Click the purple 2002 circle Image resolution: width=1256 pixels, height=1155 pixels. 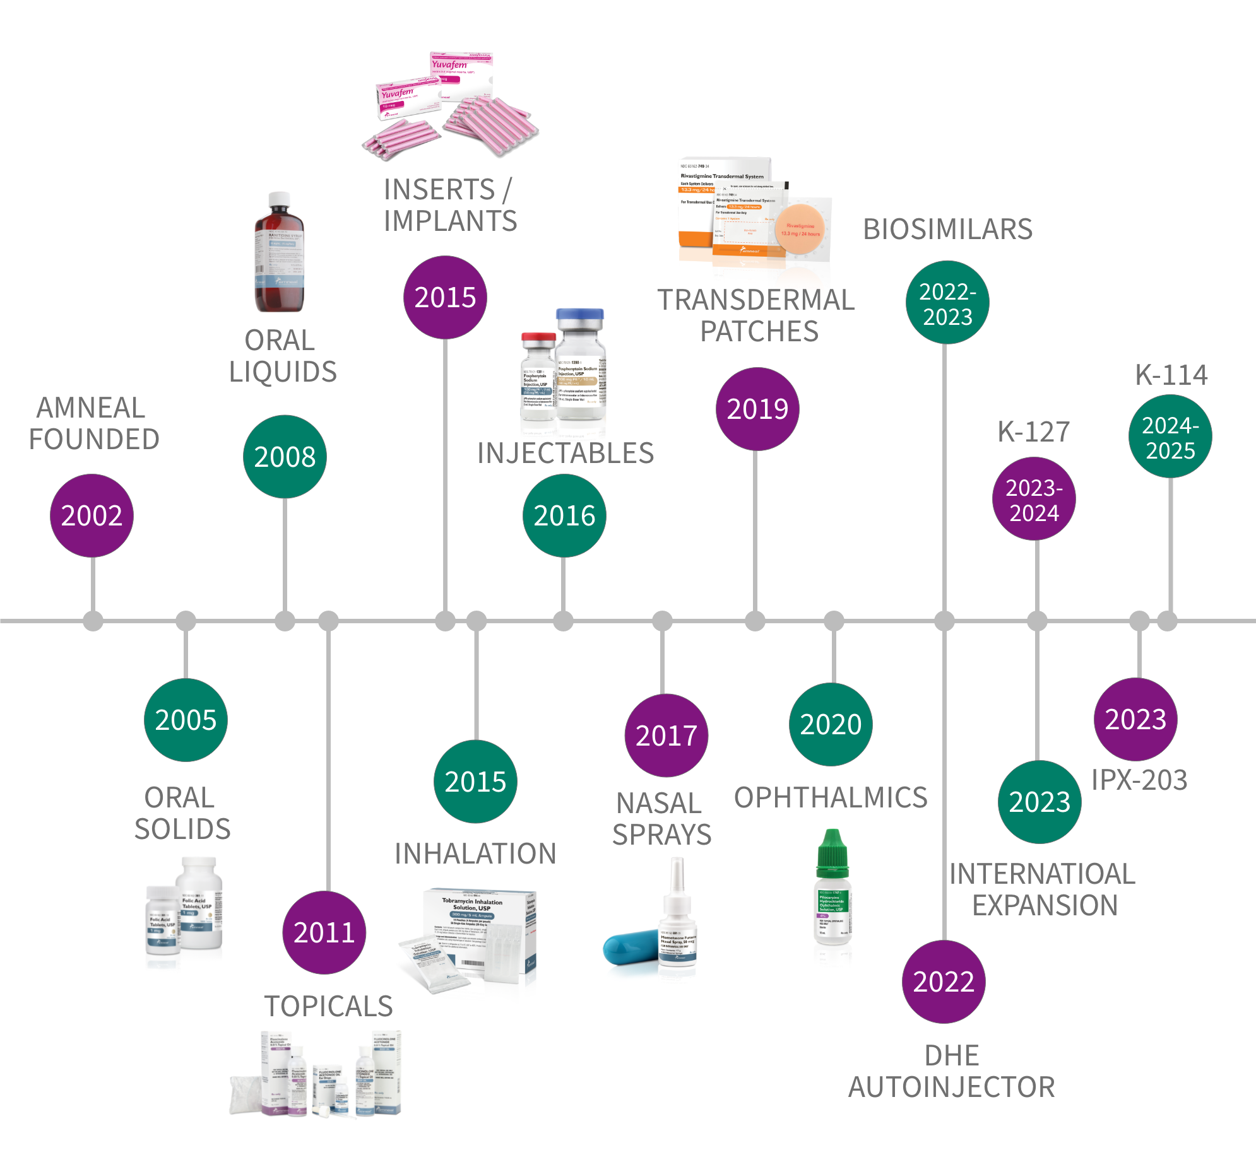(x=92, y=515)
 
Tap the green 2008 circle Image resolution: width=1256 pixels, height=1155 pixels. (x=285, y=457)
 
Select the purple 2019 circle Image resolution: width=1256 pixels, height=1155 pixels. (x=757, y=409)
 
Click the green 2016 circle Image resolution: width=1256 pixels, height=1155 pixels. (x=564, y=515)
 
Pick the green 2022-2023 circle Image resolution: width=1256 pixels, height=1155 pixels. (x=947, y=303)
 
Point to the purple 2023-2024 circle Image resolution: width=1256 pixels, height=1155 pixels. (x=1034, y=499)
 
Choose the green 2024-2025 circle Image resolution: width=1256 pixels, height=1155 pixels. (x=1170, y=437)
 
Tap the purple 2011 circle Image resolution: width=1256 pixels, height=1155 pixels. (x=324, y=932)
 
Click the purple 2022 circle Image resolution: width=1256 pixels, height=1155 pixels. (x=944, y=982)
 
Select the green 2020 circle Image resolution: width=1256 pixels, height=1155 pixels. (x=831, y=724)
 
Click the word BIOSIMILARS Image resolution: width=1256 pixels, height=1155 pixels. (x=947, y=229)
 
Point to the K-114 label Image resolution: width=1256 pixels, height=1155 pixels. (x=1171, y=375)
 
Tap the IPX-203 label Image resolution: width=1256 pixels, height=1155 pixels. (x=1139, y=780)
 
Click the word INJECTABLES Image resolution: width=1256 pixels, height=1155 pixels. (x=566, y=453)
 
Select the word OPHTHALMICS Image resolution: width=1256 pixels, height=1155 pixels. (x=831, y=797)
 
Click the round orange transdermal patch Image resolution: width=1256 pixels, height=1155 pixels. (x=800, y=229)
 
